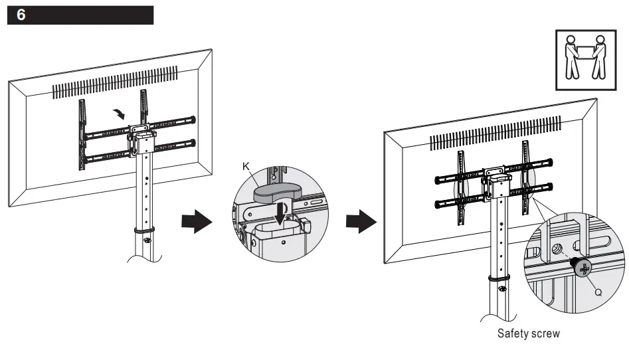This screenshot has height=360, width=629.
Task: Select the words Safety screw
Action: (x=528, y=333)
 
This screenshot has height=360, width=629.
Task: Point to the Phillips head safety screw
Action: (x=583, y=269)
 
